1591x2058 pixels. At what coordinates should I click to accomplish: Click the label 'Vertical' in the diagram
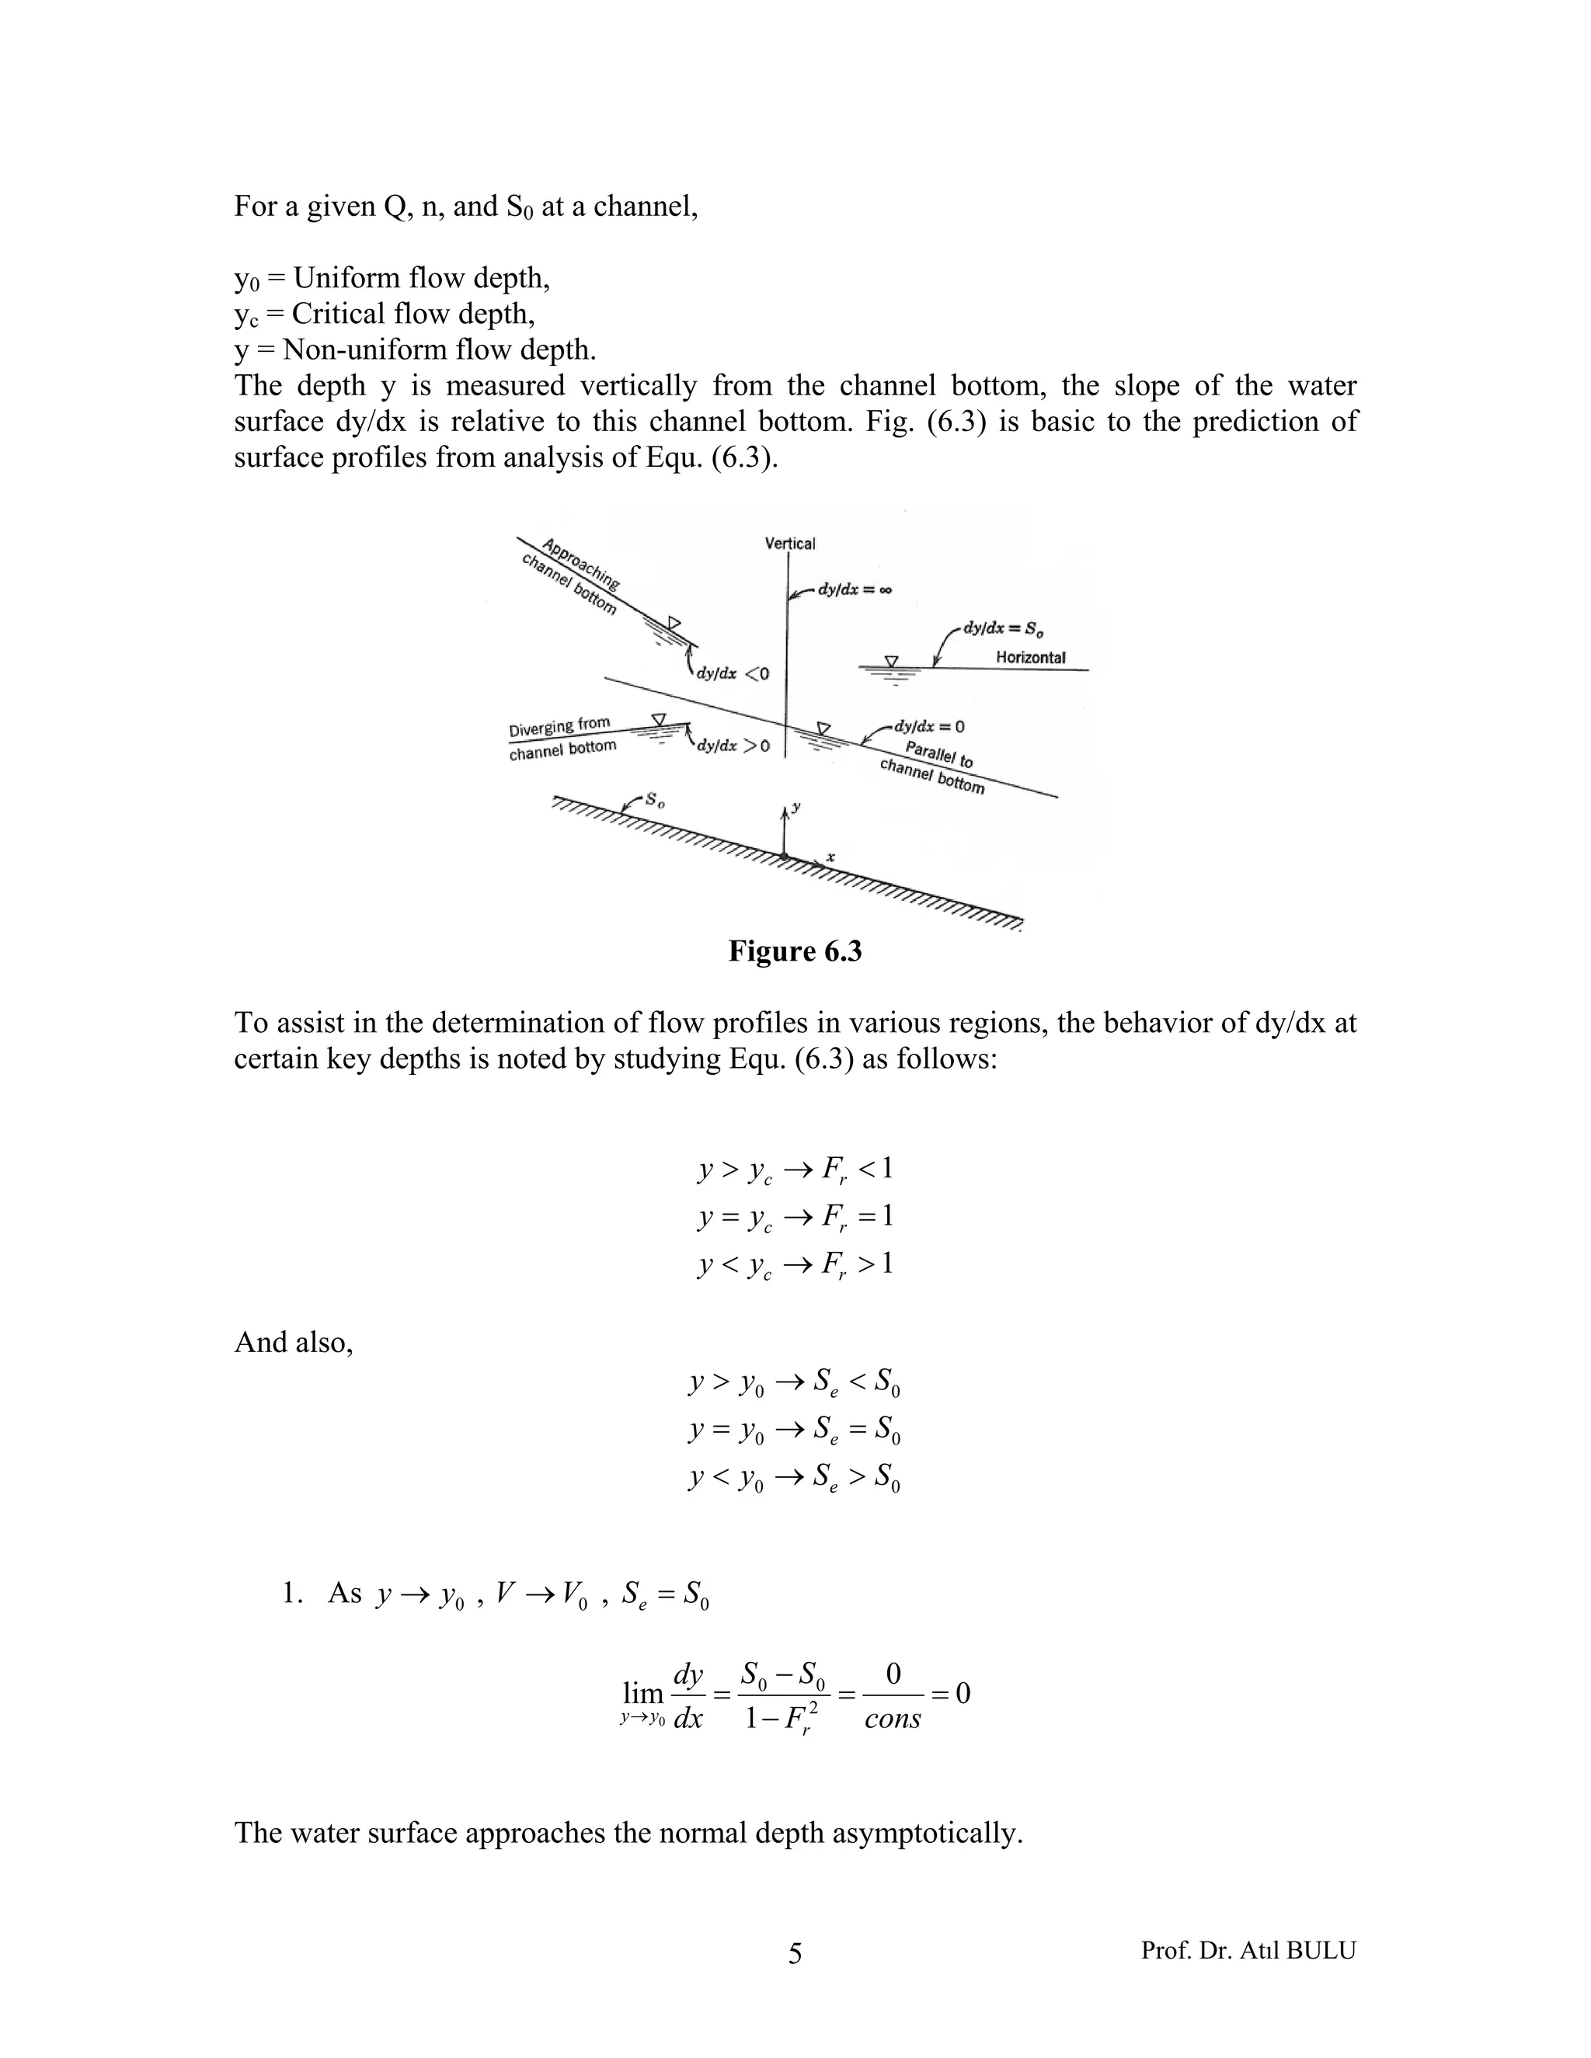click(x=790, y=544)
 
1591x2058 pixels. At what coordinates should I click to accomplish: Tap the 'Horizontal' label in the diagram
click(x=1030, y=658)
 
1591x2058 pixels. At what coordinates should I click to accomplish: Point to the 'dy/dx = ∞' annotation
click(x=854, y=591)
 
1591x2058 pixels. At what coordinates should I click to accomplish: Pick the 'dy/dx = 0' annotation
click(x=928, y=727)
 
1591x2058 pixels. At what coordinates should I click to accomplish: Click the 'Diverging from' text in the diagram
click(x=560, y=727)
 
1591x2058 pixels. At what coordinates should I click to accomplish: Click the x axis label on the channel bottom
click(x=830, y=857)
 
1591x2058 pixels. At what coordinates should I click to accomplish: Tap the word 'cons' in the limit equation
click(x=892, y=1719)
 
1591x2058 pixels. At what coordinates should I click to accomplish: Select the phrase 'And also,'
click(x=293, y=1342)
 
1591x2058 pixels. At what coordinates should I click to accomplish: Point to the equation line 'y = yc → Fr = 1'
click(x=795, y=1216)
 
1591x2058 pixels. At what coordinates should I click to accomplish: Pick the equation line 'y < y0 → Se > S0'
click(x=795, y=1476)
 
